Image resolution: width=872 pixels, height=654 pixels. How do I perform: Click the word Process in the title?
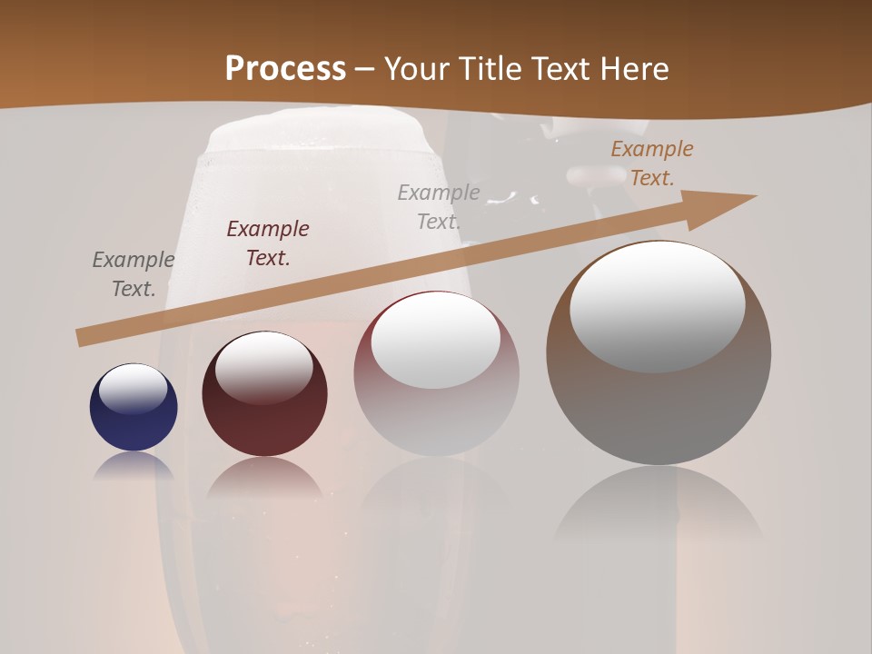(x=285, y=69)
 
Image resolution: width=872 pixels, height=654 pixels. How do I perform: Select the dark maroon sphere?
(x=264, y=418)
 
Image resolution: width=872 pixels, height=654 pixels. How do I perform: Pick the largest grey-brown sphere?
(x=659, y=400)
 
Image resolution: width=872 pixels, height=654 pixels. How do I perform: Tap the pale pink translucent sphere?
(x=436, y=418)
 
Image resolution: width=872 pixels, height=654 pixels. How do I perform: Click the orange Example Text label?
(x=651, y=163)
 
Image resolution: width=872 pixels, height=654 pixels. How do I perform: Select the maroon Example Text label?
(x=268, y=243)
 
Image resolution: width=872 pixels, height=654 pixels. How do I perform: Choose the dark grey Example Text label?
(x=134, y=274)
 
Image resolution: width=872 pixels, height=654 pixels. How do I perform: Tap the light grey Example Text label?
(x=439, y=206)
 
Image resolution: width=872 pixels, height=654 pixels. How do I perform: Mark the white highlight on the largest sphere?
(x=657, y=306)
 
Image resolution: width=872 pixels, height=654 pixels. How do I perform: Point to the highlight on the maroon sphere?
(x=263, y=367)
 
